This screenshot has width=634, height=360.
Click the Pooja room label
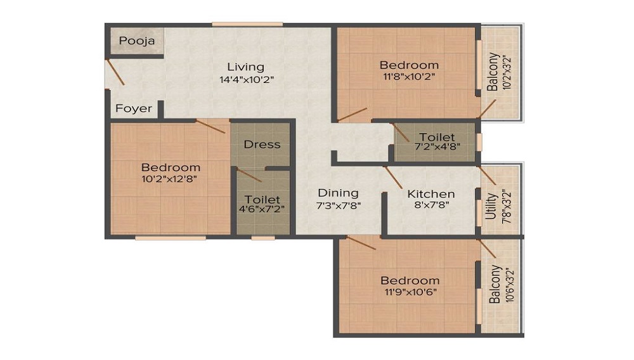pos(133,41)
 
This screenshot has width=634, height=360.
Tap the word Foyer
pos(133,108)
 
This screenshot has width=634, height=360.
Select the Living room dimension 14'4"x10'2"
pos(246,80)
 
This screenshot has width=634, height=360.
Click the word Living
pos(246,67)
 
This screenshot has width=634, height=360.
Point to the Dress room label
pos(262,145)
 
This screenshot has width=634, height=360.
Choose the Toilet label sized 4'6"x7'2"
pos(262,200)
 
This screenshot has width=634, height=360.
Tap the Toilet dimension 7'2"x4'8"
pos(436,148)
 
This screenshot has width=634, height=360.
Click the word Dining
pos(338,193)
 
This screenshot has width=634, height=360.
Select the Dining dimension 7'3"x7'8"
pos(338,205)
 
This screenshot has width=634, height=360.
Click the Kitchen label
pos(430,194)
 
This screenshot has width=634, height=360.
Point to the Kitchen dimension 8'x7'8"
pos(430,206)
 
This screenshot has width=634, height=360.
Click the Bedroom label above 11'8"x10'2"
pos(409,65)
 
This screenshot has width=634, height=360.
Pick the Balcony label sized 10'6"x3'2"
pos(495,285)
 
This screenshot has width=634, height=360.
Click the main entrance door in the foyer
pos(115,72)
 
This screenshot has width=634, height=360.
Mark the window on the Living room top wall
pos(247,25)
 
